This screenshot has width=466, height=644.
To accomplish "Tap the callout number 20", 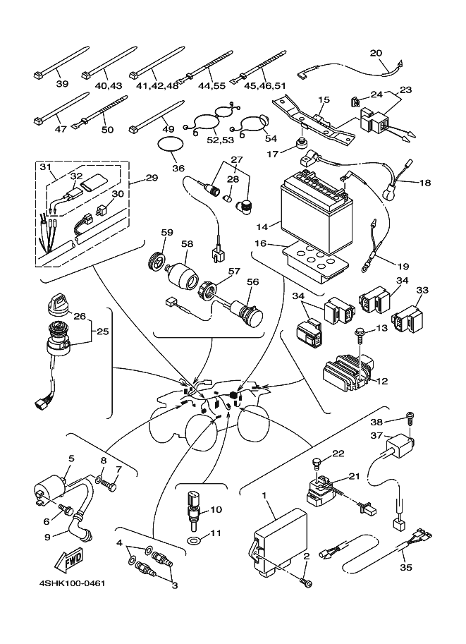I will [x=376, y=54].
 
